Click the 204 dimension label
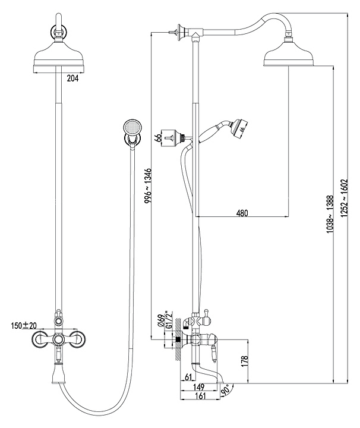72,78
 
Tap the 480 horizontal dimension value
242,213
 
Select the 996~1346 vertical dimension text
148,185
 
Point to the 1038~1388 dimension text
330,214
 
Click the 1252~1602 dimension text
344,198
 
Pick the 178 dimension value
245,361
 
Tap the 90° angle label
226,390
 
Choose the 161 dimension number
200,396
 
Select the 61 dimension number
188,377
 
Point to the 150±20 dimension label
24,325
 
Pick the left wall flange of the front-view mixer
40,340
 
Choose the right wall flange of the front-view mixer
76,340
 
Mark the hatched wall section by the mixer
178,339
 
